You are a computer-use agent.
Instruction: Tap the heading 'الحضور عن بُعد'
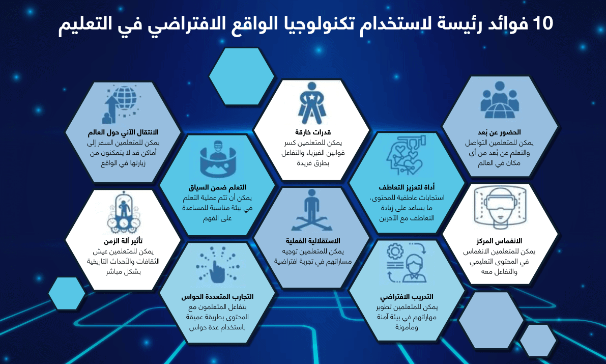coord(499,132)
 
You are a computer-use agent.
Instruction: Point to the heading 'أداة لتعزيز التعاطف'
coord(407,187)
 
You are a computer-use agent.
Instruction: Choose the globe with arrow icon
coord(120,105)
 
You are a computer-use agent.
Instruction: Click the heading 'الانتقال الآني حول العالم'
coord(123,133)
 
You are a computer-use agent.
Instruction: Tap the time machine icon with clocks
coord(123,211)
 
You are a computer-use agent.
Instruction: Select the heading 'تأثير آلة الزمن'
coord(123,241)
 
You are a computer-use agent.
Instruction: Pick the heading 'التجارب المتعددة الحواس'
coord(217,296)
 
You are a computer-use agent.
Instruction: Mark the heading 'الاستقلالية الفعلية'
coord(312,241)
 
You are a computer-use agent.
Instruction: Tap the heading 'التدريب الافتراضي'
coord(407,297)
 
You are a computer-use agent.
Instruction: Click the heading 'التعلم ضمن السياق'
coord(217,187)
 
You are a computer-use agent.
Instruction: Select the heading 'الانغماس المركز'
coord(499,241)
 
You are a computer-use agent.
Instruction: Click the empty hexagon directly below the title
coord(242,76)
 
